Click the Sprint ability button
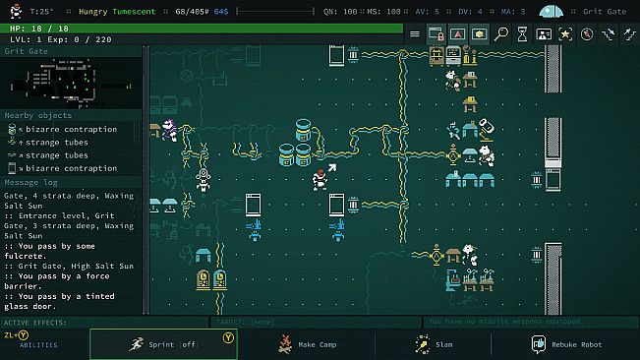[x=162, y=344]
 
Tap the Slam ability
[x=433, y=344]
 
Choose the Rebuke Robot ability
[x=570, y=344]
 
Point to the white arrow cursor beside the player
[x=332, y=169]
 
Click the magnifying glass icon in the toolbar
[x=501, y=33]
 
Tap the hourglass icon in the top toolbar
[x=522, y=33]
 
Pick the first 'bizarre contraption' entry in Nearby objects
[x=71, y=129]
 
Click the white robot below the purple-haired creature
[x=204, y=178]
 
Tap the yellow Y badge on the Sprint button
[x=228, y=335]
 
